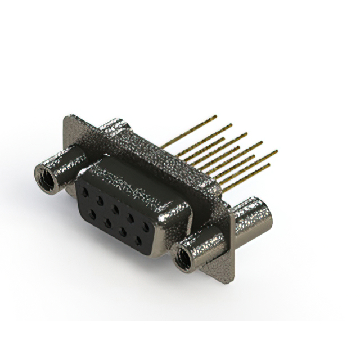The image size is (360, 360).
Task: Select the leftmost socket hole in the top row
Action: pos(85,192)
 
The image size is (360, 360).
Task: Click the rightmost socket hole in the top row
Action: pos(146,227)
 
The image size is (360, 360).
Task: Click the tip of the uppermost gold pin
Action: pos(215,117)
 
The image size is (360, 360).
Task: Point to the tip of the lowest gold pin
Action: pos(268,165)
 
